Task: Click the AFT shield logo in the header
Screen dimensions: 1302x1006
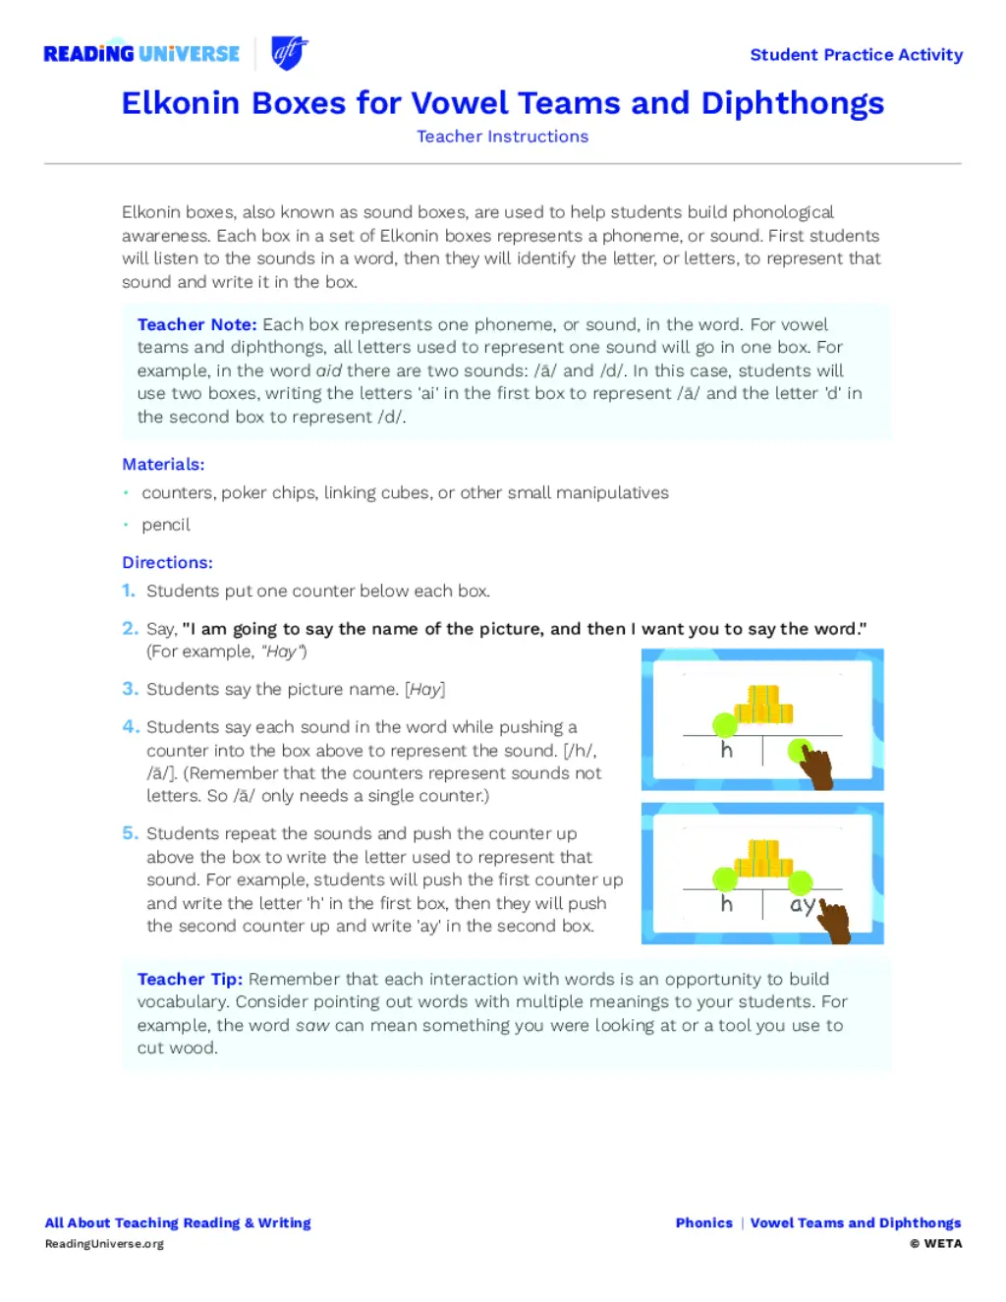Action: click(289, 53)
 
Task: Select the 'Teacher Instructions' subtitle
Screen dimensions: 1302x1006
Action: click(502, 137)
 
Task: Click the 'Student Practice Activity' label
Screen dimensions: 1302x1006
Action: click(856, 55)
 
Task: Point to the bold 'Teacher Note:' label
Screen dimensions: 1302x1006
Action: click(196, 324)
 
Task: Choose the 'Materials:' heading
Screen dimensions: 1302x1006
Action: click(163, 464)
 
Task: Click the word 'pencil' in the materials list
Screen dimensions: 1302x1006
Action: click(165, 525)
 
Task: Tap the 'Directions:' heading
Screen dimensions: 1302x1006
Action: click(167, 562)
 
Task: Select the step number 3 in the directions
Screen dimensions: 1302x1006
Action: click(130, 689)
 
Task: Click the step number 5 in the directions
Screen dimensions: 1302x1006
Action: click(130, 833)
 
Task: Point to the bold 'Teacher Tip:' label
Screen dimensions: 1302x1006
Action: click(190, 979)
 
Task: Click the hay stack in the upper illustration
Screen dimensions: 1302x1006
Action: click(763, 705)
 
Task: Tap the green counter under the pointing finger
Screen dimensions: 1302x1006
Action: click(799, 752)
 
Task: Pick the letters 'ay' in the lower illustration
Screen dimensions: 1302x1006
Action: click(802, 904)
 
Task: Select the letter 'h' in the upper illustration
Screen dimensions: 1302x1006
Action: click(726, 751)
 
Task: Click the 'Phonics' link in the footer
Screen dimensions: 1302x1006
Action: click(703, 1222)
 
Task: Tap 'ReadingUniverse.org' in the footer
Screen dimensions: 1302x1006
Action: click(104, 1244)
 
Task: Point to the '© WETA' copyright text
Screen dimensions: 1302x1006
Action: click(935, 1244)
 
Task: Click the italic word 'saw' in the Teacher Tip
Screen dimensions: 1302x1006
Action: click(312, 1025)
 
